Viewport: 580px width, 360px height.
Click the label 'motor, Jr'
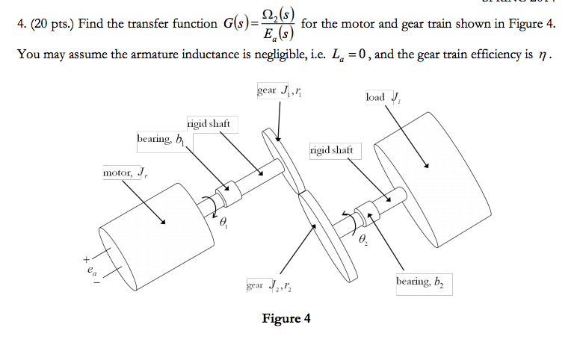[126, 174]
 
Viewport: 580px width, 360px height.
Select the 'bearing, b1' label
[161, 140]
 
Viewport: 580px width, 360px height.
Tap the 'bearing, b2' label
[423, 283]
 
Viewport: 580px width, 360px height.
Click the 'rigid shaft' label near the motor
[208, 123]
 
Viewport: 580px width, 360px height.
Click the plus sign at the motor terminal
[87, 259]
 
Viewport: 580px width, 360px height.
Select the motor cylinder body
[149, 232]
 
